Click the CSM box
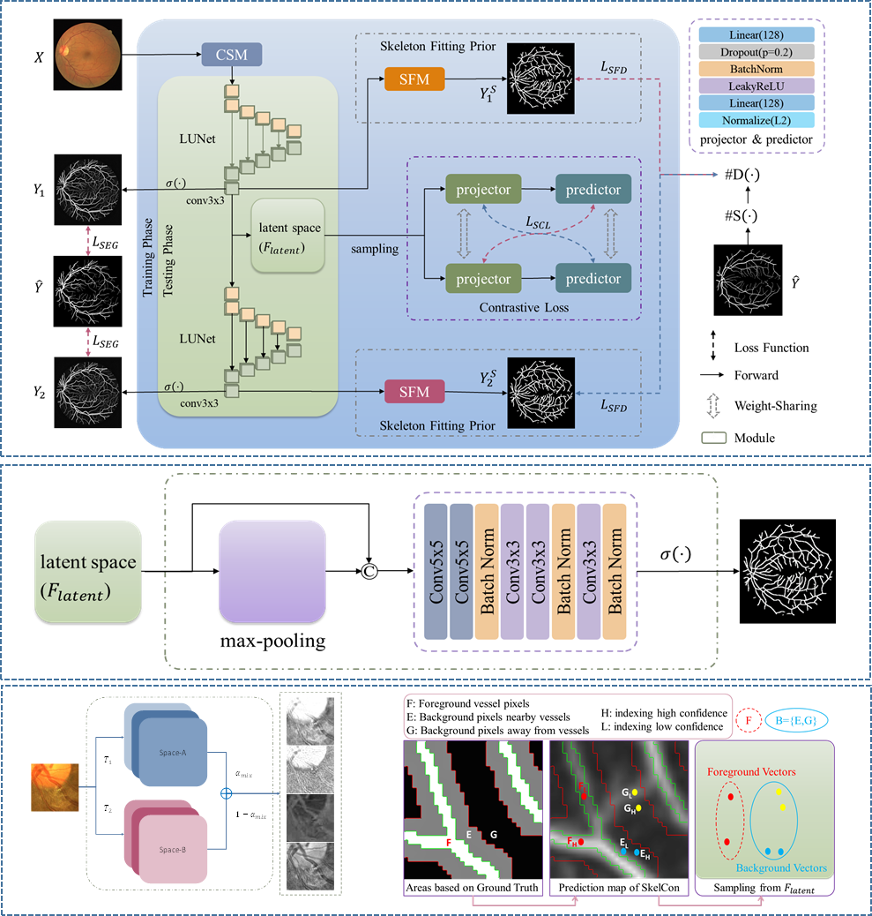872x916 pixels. [x=232, y=56]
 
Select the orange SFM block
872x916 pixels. [x=414, y=79]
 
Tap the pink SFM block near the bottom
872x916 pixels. [x=414, y=391]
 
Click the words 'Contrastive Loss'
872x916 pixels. [x=524, y=307]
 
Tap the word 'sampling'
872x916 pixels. [x=375, y=250]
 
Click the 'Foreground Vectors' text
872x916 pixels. [x=751, y=772]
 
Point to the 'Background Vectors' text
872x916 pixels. [x=781, y=868]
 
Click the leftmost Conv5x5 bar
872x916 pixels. [x=436, y=571]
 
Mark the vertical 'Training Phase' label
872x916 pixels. [x=148, y=259]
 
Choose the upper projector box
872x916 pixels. [x=484, y=189]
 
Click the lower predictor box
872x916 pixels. [x=593, y=279]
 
